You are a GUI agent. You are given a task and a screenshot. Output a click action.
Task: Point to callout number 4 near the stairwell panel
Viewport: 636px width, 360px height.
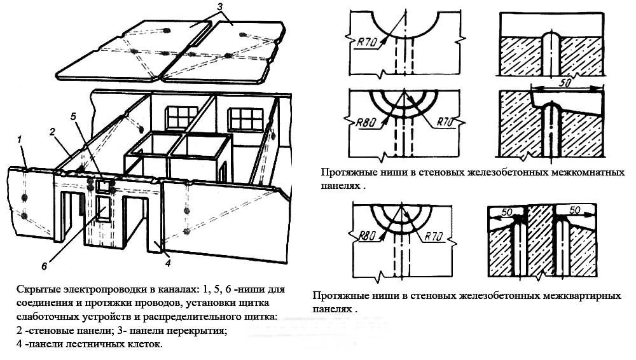pyautogui.click(x=167, y=262)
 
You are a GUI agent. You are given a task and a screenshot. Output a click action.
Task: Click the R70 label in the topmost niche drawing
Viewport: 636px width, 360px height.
pyautogui.click(x=366, y=43)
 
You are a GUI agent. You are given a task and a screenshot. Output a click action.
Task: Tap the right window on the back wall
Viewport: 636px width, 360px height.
pyautogui.click(x=245, y=119)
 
